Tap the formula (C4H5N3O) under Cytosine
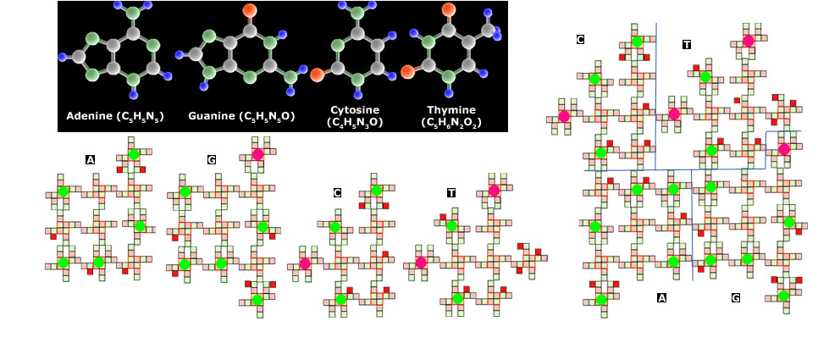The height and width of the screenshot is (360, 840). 354,123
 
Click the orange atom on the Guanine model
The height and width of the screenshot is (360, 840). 249,9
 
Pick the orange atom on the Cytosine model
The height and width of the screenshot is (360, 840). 318,75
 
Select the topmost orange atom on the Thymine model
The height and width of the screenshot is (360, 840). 449,9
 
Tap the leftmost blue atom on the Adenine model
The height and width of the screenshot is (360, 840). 63,56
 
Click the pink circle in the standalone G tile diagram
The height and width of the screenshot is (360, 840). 257,154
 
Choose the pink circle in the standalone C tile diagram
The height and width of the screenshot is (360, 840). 305,263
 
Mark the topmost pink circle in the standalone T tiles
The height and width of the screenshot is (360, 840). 494,191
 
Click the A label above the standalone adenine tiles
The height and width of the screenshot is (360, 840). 90,159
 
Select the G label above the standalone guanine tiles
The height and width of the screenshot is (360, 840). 212,159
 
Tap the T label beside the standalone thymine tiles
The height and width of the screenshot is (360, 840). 451,192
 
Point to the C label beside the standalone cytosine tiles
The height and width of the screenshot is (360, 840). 337,192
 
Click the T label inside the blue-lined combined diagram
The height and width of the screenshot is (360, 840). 687,44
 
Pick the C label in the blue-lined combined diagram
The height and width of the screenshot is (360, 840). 580,40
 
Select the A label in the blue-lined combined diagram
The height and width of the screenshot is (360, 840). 661,297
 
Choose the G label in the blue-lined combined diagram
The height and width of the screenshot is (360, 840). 736,297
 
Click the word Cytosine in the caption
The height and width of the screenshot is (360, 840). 355,110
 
